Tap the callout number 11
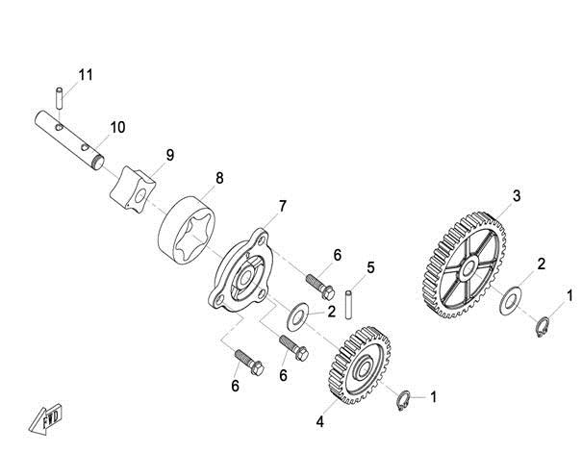point(86,75)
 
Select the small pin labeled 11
point(59,98)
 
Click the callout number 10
point(117,127)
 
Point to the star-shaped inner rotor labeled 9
point(133,190)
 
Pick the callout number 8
point(219,178)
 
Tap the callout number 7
point(283,206)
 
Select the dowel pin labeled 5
point(348,305)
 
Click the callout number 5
point(370,267)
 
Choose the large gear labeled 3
point(464,265)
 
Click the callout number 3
point(517,196)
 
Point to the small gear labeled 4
point(359,365)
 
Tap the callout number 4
point(320,422)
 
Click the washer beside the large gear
point(511,300)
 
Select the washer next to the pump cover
point(298,317)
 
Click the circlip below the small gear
point(403,401)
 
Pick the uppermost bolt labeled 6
point(320,287)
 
